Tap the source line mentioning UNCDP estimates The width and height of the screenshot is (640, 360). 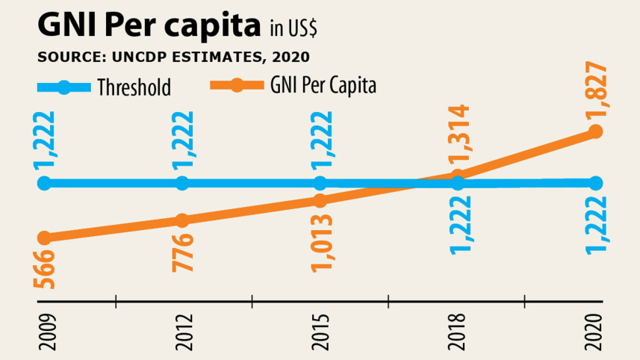tap(173, 57)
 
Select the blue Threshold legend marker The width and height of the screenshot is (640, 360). tap(64, 87)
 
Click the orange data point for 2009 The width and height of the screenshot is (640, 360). tap(44, 238)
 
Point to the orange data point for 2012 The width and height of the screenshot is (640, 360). tap(181, 220)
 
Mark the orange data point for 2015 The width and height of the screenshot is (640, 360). tap(320, 201)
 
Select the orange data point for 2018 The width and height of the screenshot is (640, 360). tap(459, 176)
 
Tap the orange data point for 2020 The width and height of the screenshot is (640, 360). tap(596, 132)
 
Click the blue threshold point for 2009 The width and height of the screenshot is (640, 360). tap(44, 183)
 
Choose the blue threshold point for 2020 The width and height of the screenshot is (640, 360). tap(596, 183)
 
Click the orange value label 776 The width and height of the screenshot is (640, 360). tap(181, 253)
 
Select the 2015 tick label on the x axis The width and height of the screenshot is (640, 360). tap(320, 335)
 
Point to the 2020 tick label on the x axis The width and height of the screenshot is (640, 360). tap(595, 335)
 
